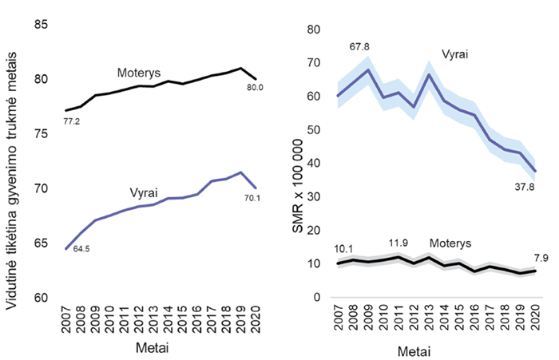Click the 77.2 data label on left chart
[71, 122]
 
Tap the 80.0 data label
[255, 87]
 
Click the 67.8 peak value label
[360, 45]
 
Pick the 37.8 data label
[523, 187]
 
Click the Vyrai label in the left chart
[146, 192]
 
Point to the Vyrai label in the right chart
[454, 55]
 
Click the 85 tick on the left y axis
[42, 25]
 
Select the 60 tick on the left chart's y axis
[42, 297]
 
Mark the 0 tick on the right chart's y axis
[317, 297]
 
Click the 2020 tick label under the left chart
[255, 317]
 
